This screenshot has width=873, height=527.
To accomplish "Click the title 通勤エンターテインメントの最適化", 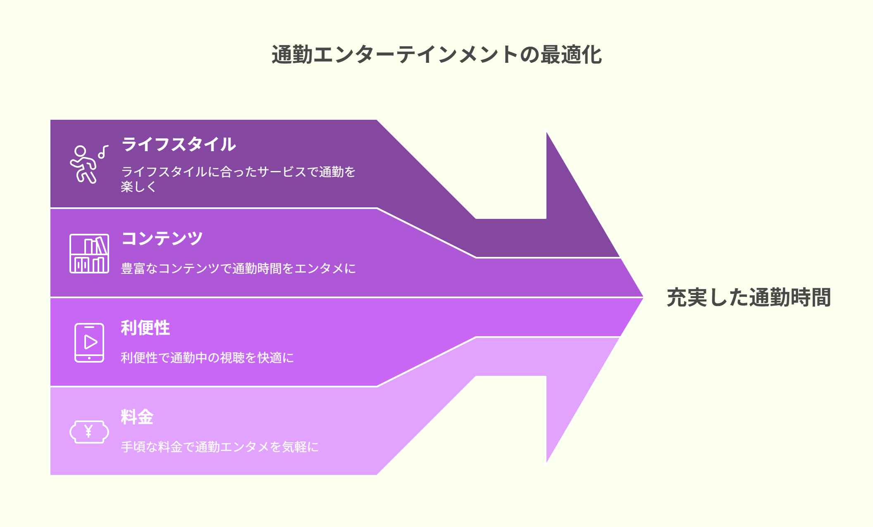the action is click(x=436, y=55).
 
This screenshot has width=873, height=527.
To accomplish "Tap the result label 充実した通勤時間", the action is click(x=749, y=297).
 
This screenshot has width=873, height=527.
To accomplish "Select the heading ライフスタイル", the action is click(x=179, y=144).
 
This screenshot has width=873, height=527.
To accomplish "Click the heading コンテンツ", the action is click(x=162, y=238).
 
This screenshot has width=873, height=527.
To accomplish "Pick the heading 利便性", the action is click(x=145, y=328).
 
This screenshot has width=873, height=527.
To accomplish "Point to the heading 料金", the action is click(x=137, y=417).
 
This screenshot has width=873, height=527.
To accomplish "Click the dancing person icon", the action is click(x=84, y=164).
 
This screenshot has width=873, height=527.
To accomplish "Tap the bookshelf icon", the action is click(x=89, y=254).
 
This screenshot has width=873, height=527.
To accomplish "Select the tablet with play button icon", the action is click(x=89, y=343).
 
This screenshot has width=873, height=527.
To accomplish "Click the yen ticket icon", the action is click(x=89, y=432).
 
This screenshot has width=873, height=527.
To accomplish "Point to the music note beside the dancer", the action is click(x=103, y=152).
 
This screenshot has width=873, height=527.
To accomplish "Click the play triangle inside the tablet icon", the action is click(x=91, y=342).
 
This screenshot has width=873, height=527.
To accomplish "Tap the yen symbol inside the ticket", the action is click(x=88, y=431).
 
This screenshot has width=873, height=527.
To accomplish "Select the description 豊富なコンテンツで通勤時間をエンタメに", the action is click(x=239, y=268).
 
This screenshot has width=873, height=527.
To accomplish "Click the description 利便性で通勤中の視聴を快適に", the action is click(x=208, y=358).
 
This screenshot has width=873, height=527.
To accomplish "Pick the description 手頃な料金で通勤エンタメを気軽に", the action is click(x=220, y=447).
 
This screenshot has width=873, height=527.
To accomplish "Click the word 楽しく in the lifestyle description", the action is click(x=138, y=187).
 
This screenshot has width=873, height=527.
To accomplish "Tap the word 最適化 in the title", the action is click(x=571, y=55).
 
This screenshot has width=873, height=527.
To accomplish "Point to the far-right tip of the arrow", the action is click(x=643, y=297).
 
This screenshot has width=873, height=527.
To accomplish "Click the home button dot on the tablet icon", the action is click(x=89, y=358).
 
